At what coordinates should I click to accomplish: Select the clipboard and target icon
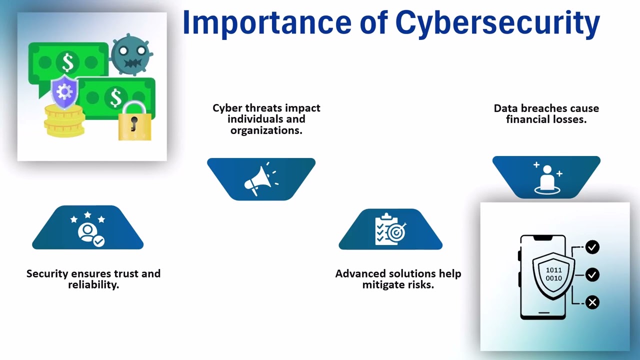[x=390, y=229]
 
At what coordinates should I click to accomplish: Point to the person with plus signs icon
[x=546, y=177]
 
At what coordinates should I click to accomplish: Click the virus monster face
[x=131, y=54]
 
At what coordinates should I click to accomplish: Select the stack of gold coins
[x=63, y=121]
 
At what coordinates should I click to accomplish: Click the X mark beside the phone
[x=592, y=302]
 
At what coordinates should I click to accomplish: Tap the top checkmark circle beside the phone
[x=592, y=247]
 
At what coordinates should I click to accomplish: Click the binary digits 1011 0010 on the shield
[x=553, y=274]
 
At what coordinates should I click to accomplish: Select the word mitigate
[x=383, y=285]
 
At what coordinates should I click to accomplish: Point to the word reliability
[x=93, y=285]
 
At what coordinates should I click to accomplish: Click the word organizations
[x=266, y=130]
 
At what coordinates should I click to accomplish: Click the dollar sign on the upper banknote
[x=68, y=62]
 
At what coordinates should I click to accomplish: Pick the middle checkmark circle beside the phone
[x=592, y=274]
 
